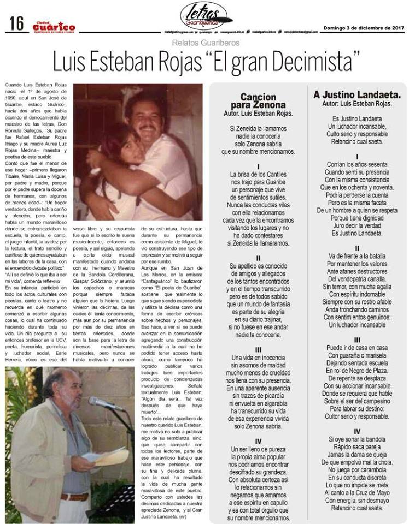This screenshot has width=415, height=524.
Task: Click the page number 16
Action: [x=16, y=23]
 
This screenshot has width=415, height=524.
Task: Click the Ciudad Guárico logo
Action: [x=53, y=27]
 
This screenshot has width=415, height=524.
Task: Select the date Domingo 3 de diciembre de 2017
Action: [x=364, y=27]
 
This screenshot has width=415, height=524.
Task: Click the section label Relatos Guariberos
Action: [x=206, y=42]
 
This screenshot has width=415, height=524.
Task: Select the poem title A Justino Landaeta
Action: [x=357, y=94]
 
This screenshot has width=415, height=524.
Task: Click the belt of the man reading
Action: [x=74, y=497]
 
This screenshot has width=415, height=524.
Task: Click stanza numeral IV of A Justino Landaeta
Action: [x=357, y=431]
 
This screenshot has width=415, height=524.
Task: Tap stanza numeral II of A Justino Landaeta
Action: [x=357, y=248]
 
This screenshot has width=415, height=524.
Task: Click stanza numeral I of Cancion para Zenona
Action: [x=258, y=166]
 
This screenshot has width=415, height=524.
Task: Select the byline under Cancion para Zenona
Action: [x=258, y=114]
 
